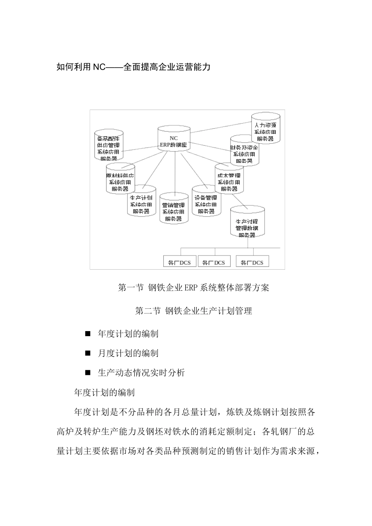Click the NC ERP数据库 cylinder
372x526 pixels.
173,141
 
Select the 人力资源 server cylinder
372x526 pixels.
265,129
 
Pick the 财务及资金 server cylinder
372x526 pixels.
244,151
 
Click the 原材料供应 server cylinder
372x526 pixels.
120,179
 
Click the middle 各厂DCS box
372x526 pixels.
214,262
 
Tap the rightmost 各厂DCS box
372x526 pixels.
252,262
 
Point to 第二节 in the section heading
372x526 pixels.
148,311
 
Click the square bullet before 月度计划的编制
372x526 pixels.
88,353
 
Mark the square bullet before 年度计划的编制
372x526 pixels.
88,334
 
